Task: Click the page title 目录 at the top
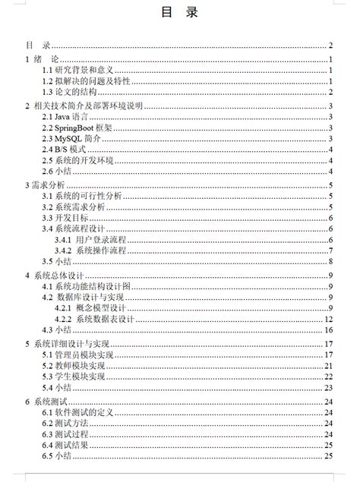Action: (179, 12)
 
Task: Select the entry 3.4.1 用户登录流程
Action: (97, 239)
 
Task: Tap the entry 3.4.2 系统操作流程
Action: (97, 250)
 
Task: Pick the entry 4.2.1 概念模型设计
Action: (97, 307)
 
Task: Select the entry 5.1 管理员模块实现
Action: (77, 354)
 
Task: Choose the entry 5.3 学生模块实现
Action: (74, 376)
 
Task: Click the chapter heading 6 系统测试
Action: (47, 400)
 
